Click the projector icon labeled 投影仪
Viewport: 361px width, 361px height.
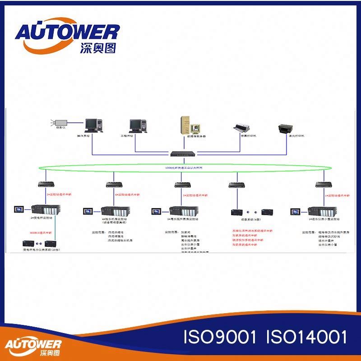(x=60, y=122)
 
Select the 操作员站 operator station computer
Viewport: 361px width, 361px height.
(x=93, y=125)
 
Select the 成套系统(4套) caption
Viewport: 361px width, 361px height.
(x=251, y=220)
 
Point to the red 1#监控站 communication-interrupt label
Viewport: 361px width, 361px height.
(x=338, y=195)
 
